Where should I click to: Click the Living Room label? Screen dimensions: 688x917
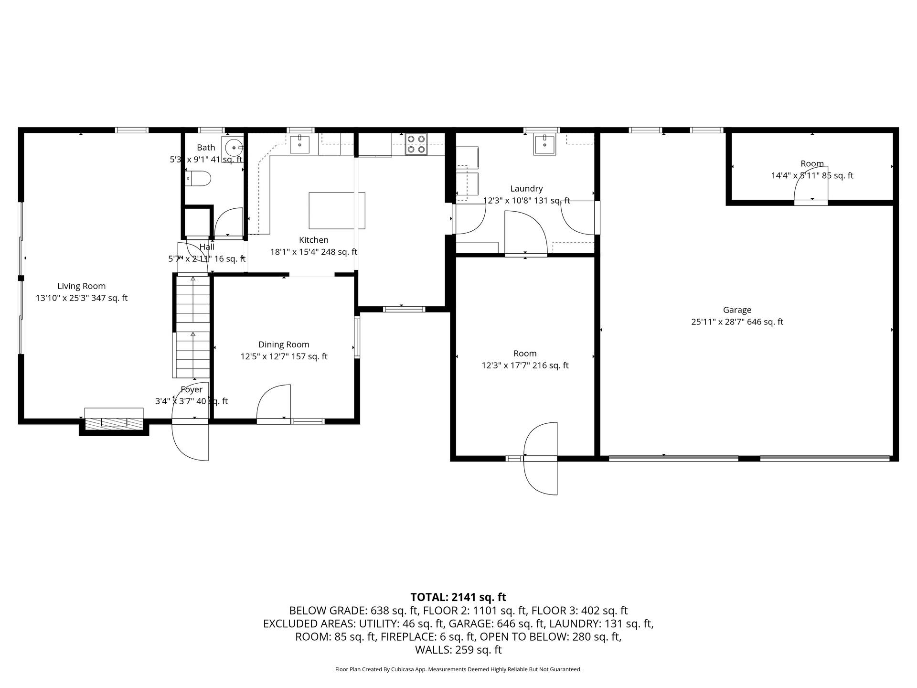(x=81, y=286)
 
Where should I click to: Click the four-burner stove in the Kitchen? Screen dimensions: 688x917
(x=416, y=144)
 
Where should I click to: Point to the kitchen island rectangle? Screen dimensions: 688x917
(x=337, y=211)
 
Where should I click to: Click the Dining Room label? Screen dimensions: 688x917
(x=284, y=344)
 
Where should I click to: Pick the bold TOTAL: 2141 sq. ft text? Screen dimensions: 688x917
(x=458, y=597)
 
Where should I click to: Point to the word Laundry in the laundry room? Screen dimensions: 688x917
(x=526, y=189)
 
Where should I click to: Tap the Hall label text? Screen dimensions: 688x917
(x=207, y=247)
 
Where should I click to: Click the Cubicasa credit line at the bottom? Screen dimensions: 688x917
(x=458, y=669)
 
